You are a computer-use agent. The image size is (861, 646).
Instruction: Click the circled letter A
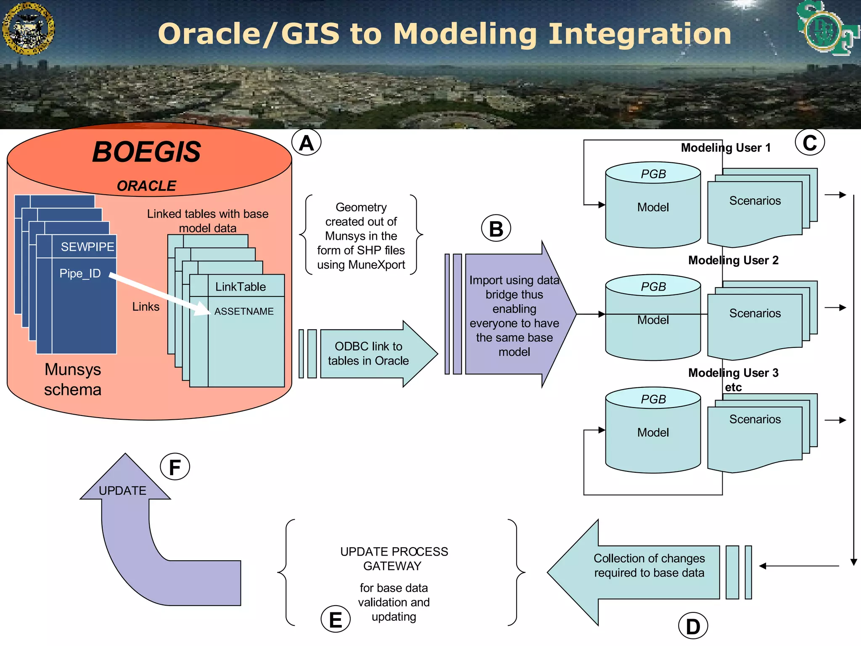coord(306,143)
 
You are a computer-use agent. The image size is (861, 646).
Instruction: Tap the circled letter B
coord(496,228)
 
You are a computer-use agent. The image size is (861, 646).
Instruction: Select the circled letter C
coord(810,142)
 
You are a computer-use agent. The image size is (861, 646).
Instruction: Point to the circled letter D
coord(693,626)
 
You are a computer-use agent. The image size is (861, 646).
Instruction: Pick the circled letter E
coord(335,620)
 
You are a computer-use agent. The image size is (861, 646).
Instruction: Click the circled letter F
coord(175,467)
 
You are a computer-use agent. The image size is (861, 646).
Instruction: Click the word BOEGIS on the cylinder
coord(146,152)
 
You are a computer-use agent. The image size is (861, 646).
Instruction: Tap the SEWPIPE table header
coord(87,247)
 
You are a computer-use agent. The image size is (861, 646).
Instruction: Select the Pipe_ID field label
coord(80,273)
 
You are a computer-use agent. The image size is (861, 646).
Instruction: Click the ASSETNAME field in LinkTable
coord(244,311)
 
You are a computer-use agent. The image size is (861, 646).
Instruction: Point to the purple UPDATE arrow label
coord(122,491)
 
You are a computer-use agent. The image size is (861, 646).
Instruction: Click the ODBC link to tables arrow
coord(368,354)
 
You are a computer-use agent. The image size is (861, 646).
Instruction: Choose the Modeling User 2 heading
coord(733,260)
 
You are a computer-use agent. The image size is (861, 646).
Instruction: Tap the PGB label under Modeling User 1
coord(653,174)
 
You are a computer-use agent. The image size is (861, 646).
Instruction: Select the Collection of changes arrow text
coord(649,566)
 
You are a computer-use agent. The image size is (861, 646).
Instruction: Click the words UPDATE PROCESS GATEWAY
coord(394,559)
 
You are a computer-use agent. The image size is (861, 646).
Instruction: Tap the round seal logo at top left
coord(28,29)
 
